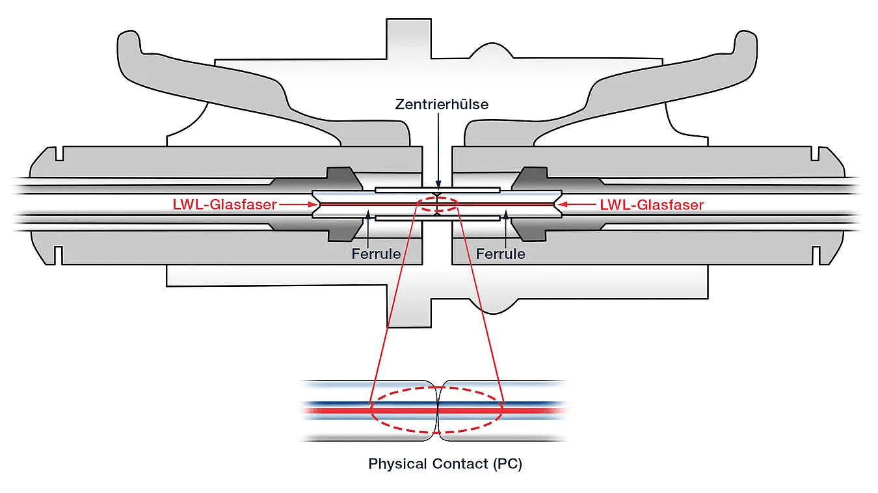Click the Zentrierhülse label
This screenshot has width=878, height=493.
tap(442, 104)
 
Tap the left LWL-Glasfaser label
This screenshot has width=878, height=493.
tap(225, 204)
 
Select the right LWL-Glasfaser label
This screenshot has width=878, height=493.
tap(652, 204)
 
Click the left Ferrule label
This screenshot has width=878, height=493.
tap(376, 253)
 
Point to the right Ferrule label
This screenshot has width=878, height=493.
tap(500, 253)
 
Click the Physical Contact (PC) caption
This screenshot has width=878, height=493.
tap(445, 464)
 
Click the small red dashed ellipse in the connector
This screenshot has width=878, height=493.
tap(439, 204)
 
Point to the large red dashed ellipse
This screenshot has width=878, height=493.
tap(437, 410)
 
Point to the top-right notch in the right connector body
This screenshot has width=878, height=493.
tap(816, 155)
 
